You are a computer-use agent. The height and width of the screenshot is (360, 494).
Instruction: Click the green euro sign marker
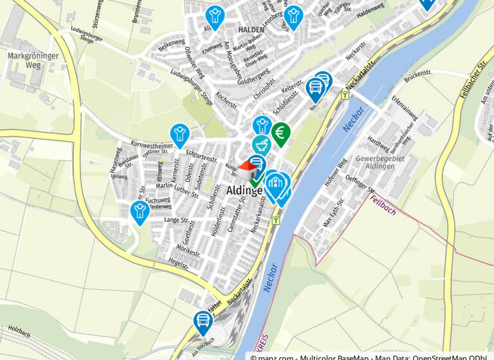tap(280, 132)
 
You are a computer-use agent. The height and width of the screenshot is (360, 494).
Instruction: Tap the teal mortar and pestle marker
tap(261, 144)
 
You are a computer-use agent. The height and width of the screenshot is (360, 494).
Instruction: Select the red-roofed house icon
tap(248, 170)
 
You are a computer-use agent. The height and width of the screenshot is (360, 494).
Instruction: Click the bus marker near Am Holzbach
tap(203, 321)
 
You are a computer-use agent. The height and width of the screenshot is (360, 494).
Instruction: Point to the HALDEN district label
tap(251, 30)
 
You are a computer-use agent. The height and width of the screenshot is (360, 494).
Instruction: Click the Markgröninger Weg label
tap(33, 60)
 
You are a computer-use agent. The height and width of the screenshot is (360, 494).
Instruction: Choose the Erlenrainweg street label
tap(405, 110)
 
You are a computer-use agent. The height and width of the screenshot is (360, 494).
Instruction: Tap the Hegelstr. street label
tap(179, 262)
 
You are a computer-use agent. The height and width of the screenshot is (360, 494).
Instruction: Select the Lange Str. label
tap(176, 221)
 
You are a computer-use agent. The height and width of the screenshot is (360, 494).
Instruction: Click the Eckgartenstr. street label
tap(201, 156)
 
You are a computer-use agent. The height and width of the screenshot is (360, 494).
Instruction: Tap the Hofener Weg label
tap(335, 172)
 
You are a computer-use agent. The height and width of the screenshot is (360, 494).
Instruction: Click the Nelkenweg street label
tap(171, 46)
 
